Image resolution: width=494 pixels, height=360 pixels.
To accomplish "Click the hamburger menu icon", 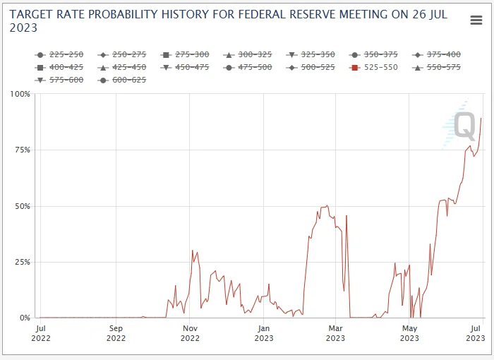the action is click(x=476, y=20).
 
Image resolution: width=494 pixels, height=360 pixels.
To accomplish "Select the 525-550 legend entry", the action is click(x=375, y=67).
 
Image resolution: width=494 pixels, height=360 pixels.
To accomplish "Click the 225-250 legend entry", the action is click(x=59, y=54).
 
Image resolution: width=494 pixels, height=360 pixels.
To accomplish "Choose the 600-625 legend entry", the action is click(x=123, y=80).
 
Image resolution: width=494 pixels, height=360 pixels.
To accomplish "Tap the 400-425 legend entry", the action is click(x=59, y=67).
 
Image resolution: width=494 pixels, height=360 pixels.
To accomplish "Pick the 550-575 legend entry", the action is click(x=437, y=67).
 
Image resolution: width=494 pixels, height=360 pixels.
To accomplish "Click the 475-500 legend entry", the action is click(x=248, y=67).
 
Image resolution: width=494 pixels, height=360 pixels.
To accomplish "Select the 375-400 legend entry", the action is click(x=437, y=54).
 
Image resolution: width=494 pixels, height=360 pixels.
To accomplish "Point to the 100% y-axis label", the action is click(x=20, y=94).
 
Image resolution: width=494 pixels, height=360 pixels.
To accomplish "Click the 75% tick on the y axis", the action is click(x=23, y=150).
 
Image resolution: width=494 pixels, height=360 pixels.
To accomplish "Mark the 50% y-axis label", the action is click(x=23, y=206).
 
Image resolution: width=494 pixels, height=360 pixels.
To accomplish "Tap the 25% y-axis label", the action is click(x=23, y=262).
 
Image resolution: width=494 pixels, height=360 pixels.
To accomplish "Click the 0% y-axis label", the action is click(x=25, y=318).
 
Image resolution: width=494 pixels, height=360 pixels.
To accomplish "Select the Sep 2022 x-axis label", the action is click(x=116, y=333).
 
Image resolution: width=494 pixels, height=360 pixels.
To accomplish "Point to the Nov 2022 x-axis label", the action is click(x=190, y=333).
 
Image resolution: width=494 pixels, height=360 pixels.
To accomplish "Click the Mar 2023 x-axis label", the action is click(x=335, y=333).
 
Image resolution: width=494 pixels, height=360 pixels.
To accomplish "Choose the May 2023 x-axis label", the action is click(x=409, y=333).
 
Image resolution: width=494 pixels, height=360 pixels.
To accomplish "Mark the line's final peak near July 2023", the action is click(x=481, y=118).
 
